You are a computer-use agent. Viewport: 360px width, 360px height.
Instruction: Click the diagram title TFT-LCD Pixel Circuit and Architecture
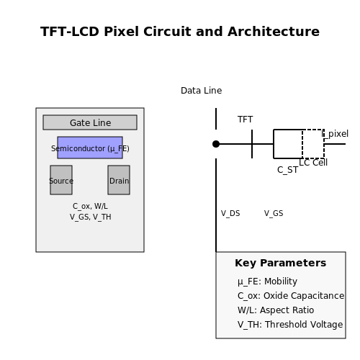(180, 32)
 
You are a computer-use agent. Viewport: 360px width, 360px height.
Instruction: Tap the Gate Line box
(90, 122)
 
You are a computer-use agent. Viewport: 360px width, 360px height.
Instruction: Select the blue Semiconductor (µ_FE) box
(90, 148)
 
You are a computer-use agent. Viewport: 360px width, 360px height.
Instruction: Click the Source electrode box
(61, 180)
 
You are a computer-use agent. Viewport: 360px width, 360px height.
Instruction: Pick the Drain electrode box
(119, 180)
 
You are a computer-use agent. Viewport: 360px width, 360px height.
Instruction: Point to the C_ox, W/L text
(90, 206)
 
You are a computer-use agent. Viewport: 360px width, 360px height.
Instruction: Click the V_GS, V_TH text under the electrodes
(91, 217)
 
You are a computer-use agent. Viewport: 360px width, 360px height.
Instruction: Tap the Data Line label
(202, 91)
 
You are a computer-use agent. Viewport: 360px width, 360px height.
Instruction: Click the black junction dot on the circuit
(216, 144)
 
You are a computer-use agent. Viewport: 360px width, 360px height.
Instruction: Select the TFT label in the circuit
(245, 120)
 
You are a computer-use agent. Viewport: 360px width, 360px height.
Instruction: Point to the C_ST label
(287, 170)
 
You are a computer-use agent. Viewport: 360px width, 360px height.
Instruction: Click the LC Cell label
(313, 163)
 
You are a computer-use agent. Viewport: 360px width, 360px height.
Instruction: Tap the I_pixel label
(335, 134)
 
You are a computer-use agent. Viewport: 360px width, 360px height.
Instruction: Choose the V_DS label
(230, 213)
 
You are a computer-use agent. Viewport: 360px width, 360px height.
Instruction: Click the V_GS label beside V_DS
(274, 213)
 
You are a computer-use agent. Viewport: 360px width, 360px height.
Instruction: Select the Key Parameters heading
(281, 263)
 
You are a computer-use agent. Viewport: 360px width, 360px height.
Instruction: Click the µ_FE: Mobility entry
(267, 282)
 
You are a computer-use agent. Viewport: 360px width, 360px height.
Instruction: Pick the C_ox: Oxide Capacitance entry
(291, 296)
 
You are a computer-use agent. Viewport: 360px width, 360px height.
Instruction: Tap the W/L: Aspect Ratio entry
(276, 310)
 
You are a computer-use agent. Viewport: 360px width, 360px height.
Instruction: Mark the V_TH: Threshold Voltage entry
(290, 325)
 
